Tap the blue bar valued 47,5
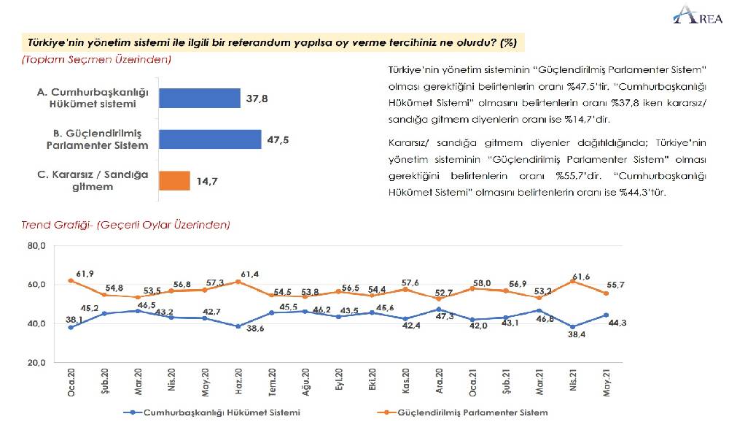click(209, 139)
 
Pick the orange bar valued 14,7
click(174, 180)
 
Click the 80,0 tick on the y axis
click(36, 247)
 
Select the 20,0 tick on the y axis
click(36, 363)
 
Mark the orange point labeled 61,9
click(71, 280)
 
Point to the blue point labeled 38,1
click(71, 327)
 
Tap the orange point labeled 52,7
click(459, 299)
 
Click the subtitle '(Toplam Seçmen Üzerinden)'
click(96, 59)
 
